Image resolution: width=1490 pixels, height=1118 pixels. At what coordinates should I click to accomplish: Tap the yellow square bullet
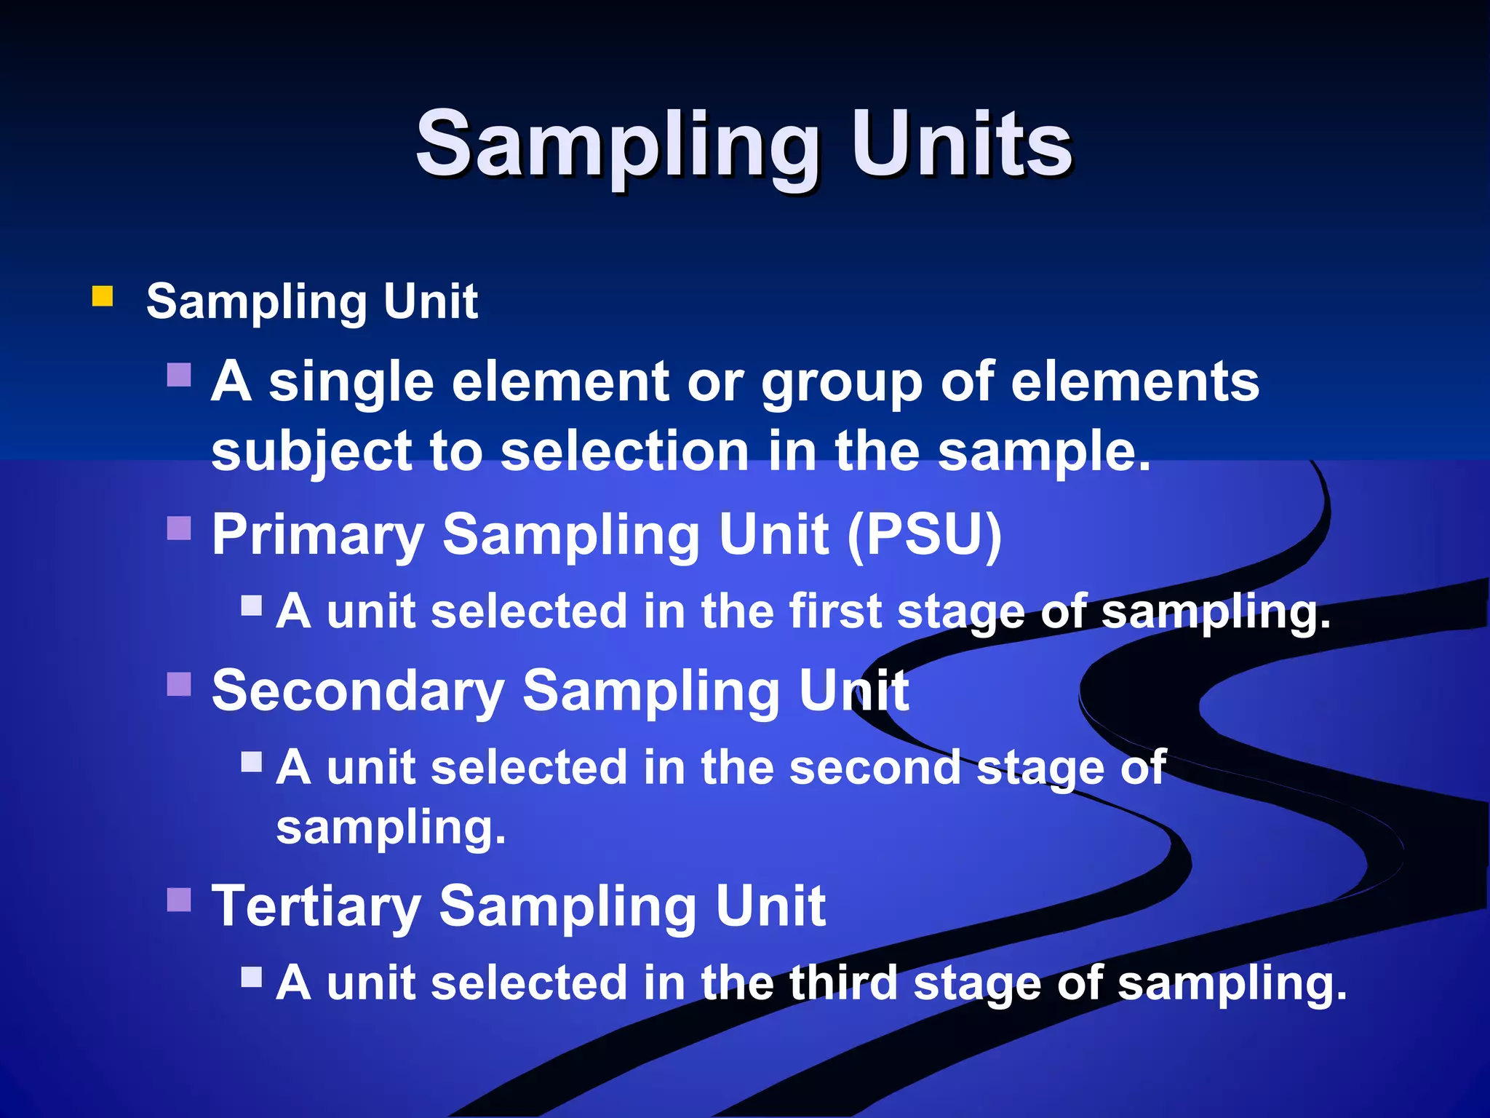click(x=103, y=296)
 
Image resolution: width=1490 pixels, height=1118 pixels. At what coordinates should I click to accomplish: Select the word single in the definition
click(x=351, y=383)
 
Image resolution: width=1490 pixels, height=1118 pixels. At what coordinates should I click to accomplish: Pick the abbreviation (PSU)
click(x=925, y=535)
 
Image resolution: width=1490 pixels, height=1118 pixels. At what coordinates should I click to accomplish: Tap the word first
click(x=835, y=611)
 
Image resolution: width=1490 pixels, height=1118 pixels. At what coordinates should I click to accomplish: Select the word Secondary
click(x=358, y=691)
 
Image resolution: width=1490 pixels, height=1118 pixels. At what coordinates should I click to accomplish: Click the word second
click(x=875, y=768)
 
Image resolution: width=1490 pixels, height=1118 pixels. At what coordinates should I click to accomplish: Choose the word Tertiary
click(x=316, y=907)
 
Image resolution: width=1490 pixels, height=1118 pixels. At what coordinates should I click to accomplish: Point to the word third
click(x=843, y=983)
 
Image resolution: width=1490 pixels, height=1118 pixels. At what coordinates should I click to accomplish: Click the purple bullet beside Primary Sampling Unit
click(x=179, y=528)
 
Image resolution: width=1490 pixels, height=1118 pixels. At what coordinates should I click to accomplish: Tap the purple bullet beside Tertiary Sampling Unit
click(x=179, y=900)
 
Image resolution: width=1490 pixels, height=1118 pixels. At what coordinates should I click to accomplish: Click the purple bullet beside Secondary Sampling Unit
click(x=179, y=684)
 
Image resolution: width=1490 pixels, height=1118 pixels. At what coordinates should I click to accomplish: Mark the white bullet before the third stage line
click(x=252, y=976)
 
